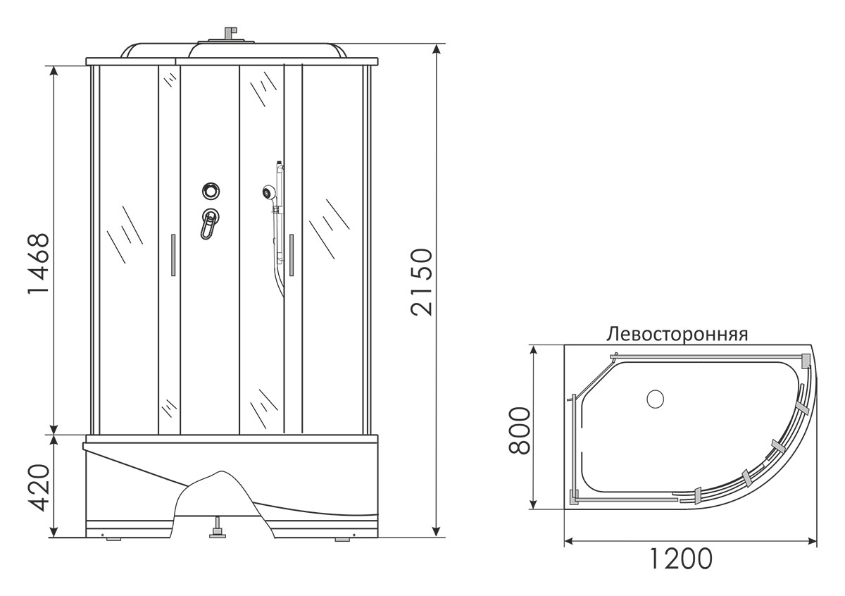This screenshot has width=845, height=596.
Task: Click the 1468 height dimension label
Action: click(x=39, y=263)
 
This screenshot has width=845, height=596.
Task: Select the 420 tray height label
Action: click(x=39, y=488)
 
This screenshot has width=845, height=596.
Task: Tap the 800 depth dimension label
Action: click(x=520, y=430)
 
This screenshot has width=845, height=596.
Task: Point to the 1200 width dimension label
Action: click(x=681, y=569)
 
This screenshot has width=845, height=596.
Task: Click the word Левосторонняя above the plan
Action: click(x=677, y=335)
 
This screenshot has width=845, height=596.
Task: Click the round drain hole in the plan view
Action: click(x=656, y=399)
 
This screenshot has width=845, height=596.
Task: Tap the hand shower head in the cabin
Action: click(x=268, y=192)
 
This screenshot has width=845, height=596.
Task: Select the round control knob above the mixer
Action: click(x=211, y=191)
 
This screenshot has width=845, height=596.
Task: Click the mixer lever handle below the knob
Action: click(x=208, y=225)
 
